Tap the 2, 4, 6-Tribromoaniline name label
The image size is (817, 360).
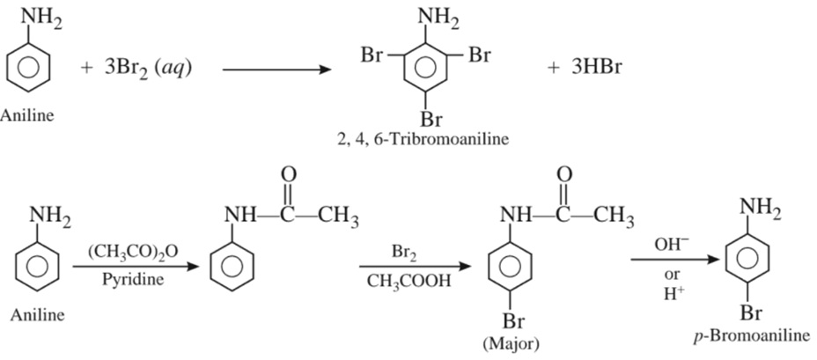pos(423,139)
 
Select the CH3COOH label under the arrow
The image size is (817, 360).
pos(409,282)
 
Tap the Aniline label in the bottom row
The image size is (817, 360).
pos(36,314)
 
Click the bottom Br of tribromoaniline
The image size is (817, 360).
pos(431,118)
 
